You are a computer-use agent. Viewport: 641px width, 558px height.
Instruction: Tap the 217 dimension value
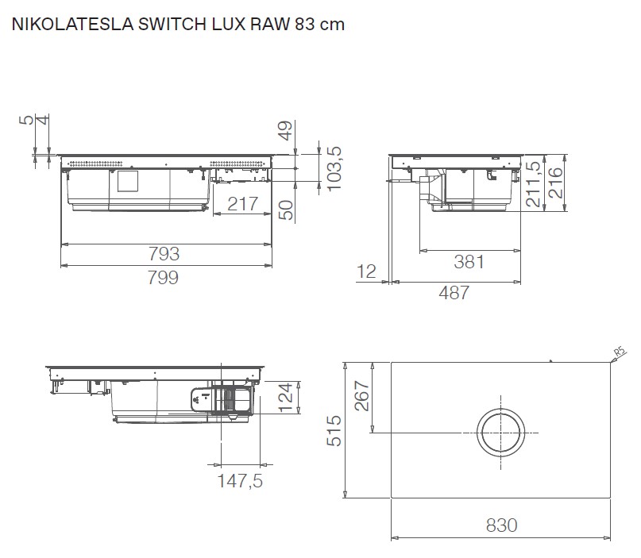point(242,203)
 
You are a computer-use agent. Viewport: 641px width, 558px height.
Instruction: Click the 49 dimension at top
point(287,130)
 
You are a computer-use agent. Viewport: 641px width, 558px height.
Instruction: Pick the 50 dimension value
point(287,210)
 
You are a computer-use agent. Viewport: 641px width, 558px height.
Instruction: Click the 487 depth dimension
point(454,292)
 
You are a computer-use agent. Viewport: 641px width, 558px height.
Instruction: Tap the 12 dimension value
point(367,271)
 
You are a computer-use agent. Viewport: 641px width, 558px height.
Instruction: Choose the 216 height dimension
point(555,182)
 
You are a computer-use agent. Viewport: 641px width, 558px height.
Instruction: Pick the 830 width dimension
point(500,525)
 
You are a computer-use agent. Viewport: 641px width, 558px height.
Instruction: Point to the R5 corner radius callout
point(621,352)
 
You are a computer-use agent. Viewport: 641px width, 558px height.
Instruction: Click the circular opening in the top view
point(502,433)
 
